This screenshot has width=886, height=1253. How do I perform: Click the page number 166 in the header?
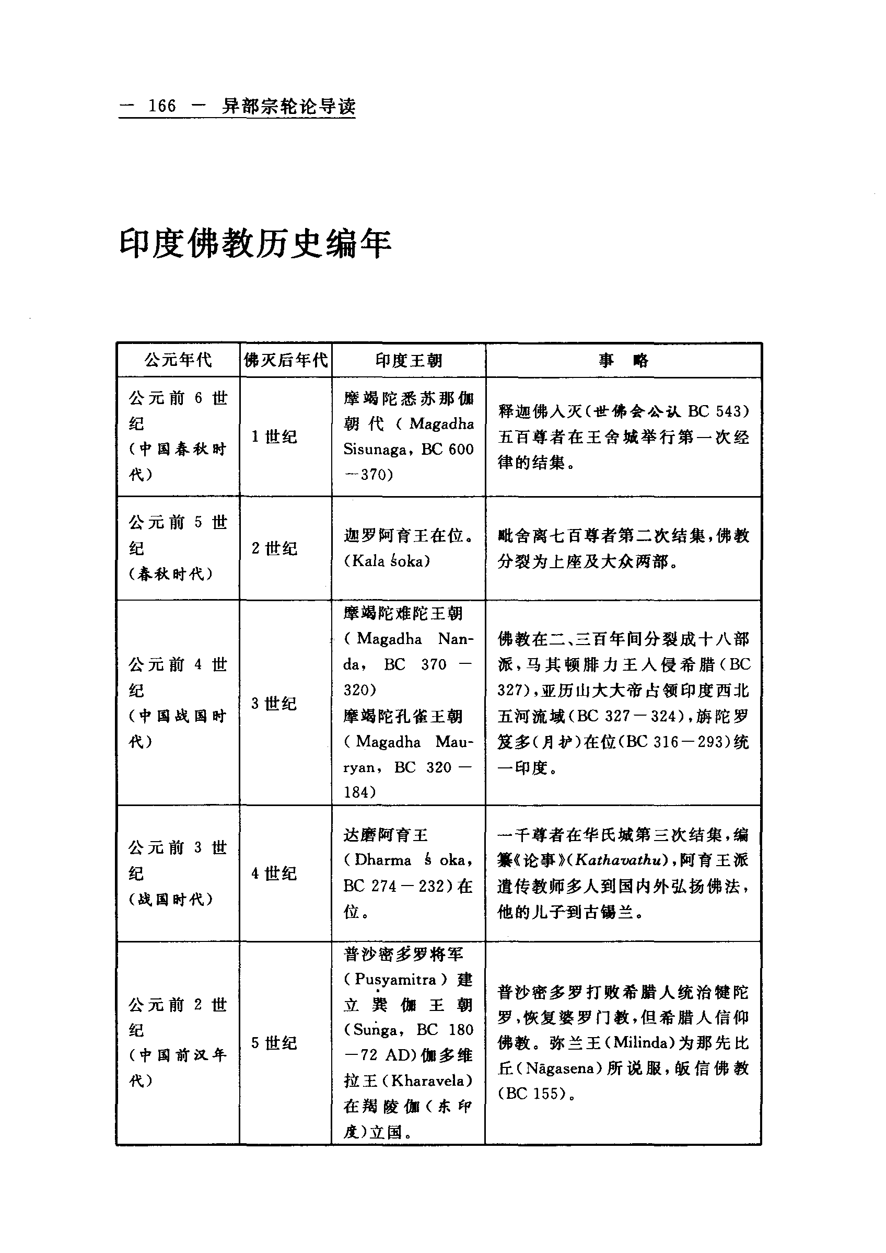[162, 106]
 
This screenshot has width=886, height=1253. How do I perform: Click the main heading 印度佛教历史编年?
[255, 244]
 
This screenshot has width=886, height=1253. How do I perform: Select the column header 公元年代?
[178, 360]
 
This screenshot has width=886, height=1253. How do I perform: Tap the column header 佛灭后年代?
[286, 360]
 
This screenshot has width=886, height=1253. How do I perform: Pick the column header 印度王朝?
[409, 360]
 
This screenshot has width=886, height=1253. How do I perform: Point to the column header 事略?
[623, 360]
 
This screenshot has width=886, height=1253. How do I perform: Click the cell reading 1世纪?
[274, 437]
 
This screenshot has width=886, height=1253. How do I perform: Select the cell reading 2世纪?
[274, 548]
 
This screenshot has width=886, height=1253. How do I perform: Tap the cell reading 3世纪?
[274, 703]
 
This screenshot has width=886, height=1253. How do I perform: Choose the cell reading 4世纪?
[274, 873]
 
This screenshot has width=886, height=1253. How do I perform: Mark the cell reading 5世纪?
[274, 1043]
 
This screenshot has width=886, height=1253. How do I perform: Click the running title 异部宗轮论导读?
[288, 106]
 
